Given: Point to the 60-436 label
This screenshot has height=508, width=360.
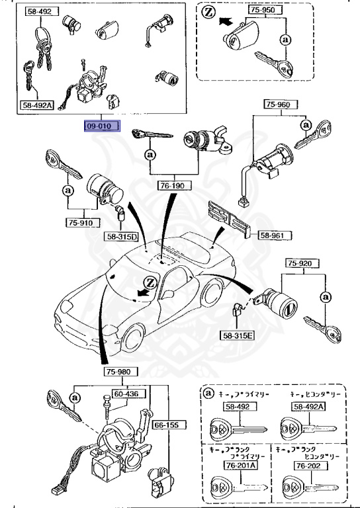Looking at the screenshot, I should pyautogui.click(x=126, y=394).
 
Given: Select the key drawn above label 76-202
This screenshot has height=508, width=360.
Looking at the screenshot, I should pyautogui.click(x=304, y=487).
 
